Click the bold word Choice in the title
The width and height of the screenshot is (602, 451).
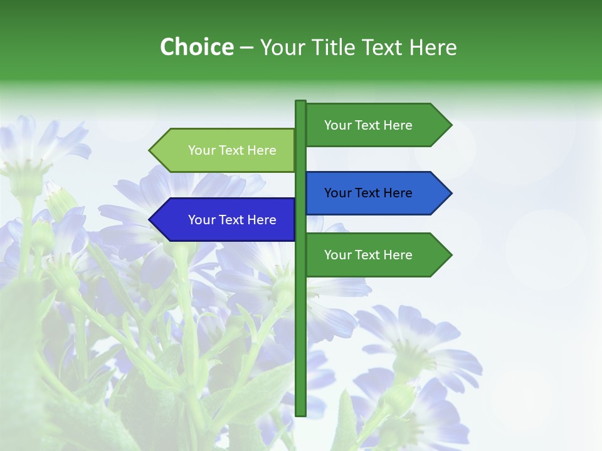click(x=196, y=47)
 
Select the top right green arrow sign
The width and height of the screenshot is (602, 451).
click(x=376, y=125)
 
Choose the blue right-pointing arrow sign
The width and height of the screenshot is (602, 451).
click(x=376, y=193)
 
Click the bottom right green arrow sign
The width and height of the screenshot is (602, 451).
click(x=376, y=255)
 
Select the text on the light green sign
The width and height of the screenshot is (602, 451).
click(x=232, y=150)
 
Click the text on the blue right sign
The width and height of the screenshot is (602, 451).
click(x=368, y=193)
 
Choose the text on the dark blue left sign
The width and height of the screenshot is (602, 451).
click(x=232, y=220)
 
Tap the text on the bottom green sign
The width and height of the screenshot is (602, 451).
click(x=368, y=255)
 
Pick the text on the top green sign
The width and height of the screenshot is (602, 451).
click(x=368, y=125)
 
